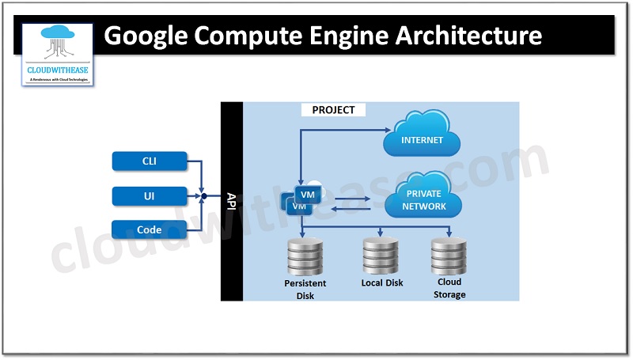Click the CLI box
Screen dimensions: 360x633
click(x=150, y=161)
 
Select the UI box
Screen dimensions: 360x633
click(x=150, y=195)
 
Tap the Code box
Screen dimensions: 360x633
click(x=150, y=230)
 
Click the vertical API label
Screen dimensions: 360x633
click(x=231, y=201)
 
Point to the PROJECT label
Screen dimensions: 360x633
click(x=333, y=110)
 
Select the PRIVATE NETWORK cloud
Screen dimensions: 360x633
click(x=426, y=199)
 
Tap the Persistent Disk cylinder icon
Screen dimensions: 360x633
click(x=304, y=256)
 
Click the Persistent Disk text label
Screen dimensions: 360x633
click(x=305, y=290)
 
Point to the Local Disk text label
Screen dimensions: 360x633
click(x=382, y=282)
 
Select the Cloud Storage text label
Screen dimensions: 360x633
click(x=449, y=288)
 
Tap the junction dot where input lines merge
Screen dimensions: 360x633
click(x=203, y=195)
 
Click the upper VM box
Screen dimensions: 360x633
click(x=307, y=193)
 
